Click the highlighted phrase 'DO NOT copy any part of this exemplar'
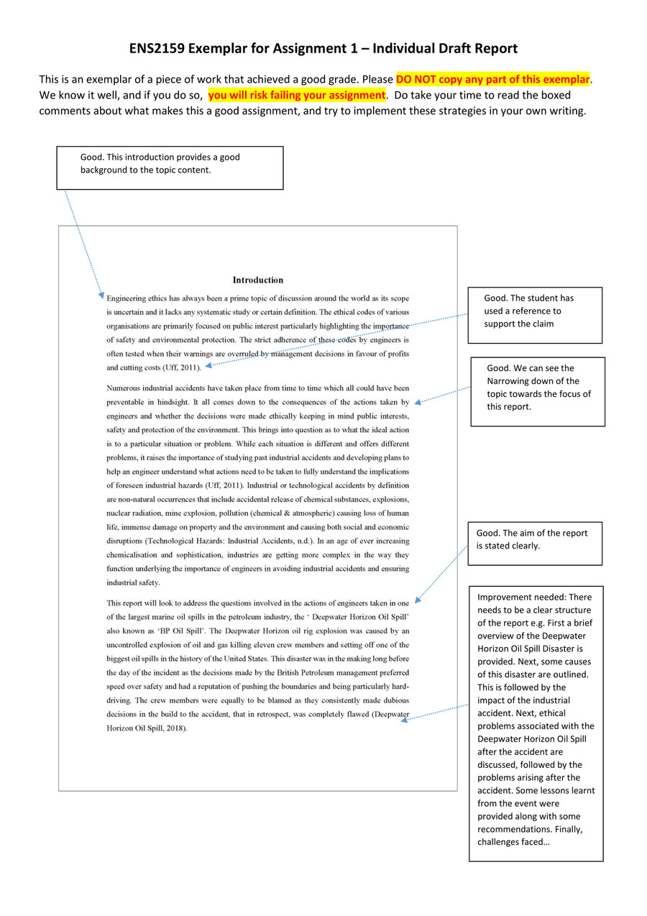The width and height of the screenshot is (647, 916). pos(492,79)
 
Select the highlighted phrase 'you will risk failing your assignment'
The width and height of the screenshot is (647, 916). pos(297,95)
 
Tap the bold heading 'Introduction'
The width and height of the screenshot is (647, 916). pos(258,280)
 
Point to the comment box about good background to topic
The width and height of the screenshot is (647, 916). pos(170,168)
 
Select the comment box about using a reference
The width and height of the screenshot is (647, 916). pos(534,315)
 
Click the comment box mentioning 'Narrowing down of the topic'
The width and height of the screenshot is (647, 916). pos(537,391)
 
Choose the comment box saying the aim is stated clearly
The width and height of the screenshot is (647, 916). pos(534,543)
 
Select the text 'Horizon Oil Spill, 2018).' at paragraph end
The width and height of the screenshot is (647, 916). pos(147,728)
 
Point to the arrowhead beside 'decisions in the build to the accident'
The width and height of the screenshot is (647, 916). pos(404,719)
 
